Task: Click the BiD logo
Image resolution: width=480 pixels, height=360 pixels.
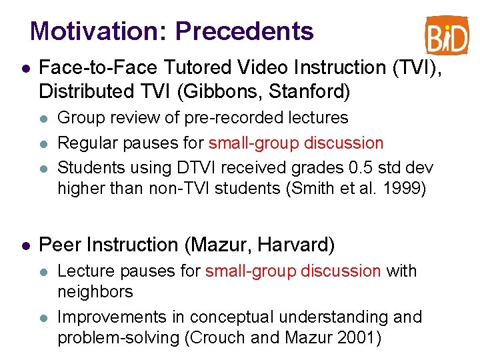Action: (x=447, y=35)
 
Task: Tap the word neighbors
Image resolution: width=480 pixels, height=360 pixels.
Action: (x=95, y=291)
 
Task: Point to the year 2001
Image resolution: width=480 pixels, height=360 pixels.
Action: (x=357, y=338)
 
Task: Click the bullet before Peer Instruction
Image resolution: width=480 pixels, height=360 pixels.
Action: (x=25, y=245)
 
